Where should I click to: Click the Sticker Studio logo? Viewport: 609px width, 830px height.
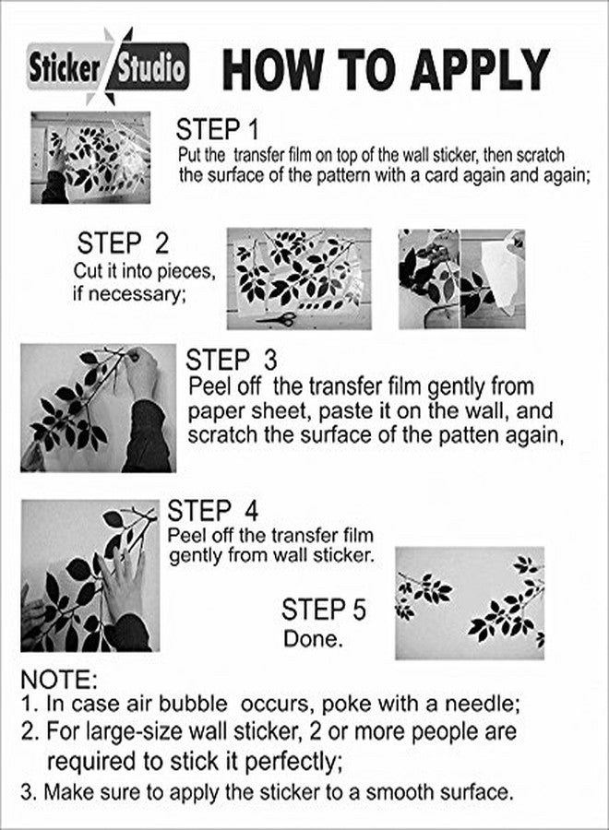tap(108, 67)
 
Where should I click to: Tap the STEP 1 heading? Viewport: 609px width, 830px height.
tap(217, 130)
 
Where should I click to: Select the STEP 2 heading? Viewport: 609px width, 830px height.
tap(123, 243)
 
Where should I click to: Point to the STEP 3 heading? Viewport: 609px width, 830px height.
tap(232, 360)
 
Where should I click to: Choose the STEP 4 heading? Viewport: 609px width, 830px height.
tap(213, 511)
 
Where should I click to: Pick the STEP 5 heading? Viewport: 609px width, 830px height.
tap(324, 610)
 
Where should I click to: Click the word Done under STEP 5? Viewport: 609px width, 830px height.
tap(313, 638)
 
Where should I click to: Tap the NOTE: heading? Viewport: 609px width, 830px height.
tap(59, 680)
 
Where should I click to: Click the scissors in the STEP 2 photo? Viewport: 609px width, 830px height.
tap(277, 319)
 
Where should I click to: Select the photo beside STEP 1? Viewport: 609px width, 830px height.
tap(90, 158)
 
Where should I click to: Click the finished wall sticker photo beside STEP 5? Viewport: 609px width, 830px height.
tap(470, 603)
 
